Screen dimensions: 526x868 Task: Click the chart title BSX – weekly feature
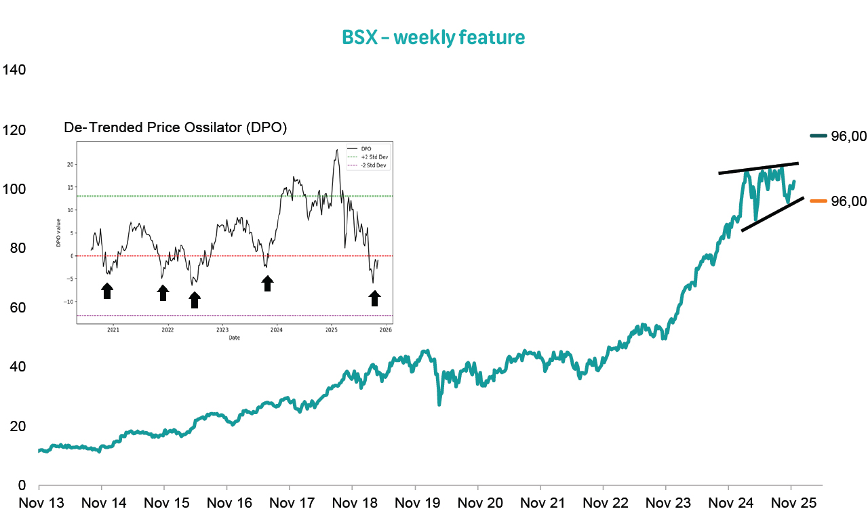[433, 37]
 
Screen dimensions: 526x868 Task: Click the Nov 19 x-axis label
[415, 504]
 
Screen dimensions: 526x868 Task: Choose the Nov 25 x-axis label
[791, 504]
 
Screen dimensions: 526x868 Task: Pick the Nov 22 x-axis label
[603, 504]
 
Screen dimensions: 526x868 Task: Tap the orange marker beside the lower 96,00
[818, 201]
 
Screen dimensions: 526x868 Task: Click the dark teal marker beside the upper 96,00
[818, 136]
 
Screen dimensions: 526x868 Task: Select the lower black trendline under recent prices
[772, 214]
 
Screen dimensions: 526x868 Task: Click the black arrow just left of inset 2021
[106, 291]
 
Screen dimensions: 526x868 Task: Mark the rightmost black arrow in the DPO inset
[374, 298]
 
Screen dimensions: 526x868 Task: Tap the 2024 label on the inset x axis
[277, 331]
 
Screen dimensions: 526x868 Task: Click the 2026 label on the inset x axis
[385, 331]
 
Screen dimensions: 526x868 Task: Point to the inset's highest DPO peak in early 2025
[336, 150]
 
